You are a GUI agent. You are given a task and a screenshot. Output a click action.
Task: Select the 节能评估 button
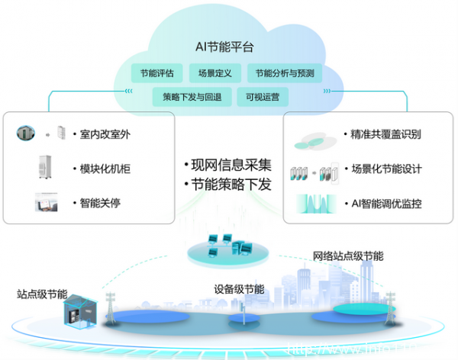click(156, 74)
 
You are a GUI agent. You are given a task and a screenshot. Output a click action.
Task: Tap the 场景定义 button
click(214, 74)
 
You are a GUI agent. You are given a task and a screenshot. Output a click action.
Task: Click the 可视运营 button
click(256, 97)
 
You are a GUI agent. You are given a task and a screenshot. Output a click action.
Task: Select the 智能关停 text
click(100, 204)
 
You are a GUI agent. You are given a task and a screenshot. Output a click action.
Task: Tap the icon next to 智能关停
click(47, 203)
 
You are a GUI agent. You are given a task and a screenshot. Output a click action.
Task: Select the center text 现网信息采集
click(227, 165)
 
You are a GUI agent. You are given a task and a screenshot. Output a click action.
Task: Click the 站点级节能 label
click(41, 294)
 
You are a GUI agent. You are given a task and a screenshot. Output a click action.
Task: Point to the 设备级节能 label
click(240, 289)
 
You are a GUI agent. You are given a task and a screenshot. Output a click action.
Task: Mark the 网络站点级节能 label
click(348, 256)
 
